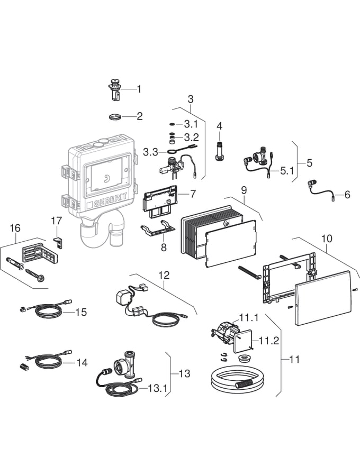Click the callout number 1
[x=139, y=89]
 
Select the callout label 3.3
[x=151, y=152]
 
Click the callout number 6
[x=347, y=195]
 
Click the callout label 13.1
[x=157, y=389]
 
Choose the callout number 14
[x=81, y=363]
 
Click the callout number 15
[x=80, y=312]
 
